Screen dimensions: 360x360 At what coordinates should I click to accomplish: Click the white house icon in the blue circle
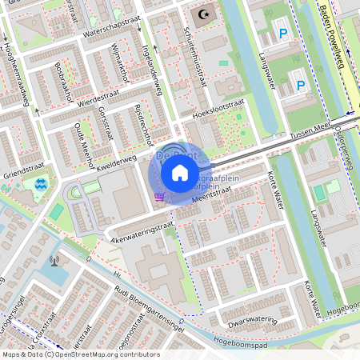(x=180, y=172)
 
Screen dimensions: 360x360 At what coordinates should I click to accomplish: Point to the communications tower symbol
(x=55, y=260)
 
